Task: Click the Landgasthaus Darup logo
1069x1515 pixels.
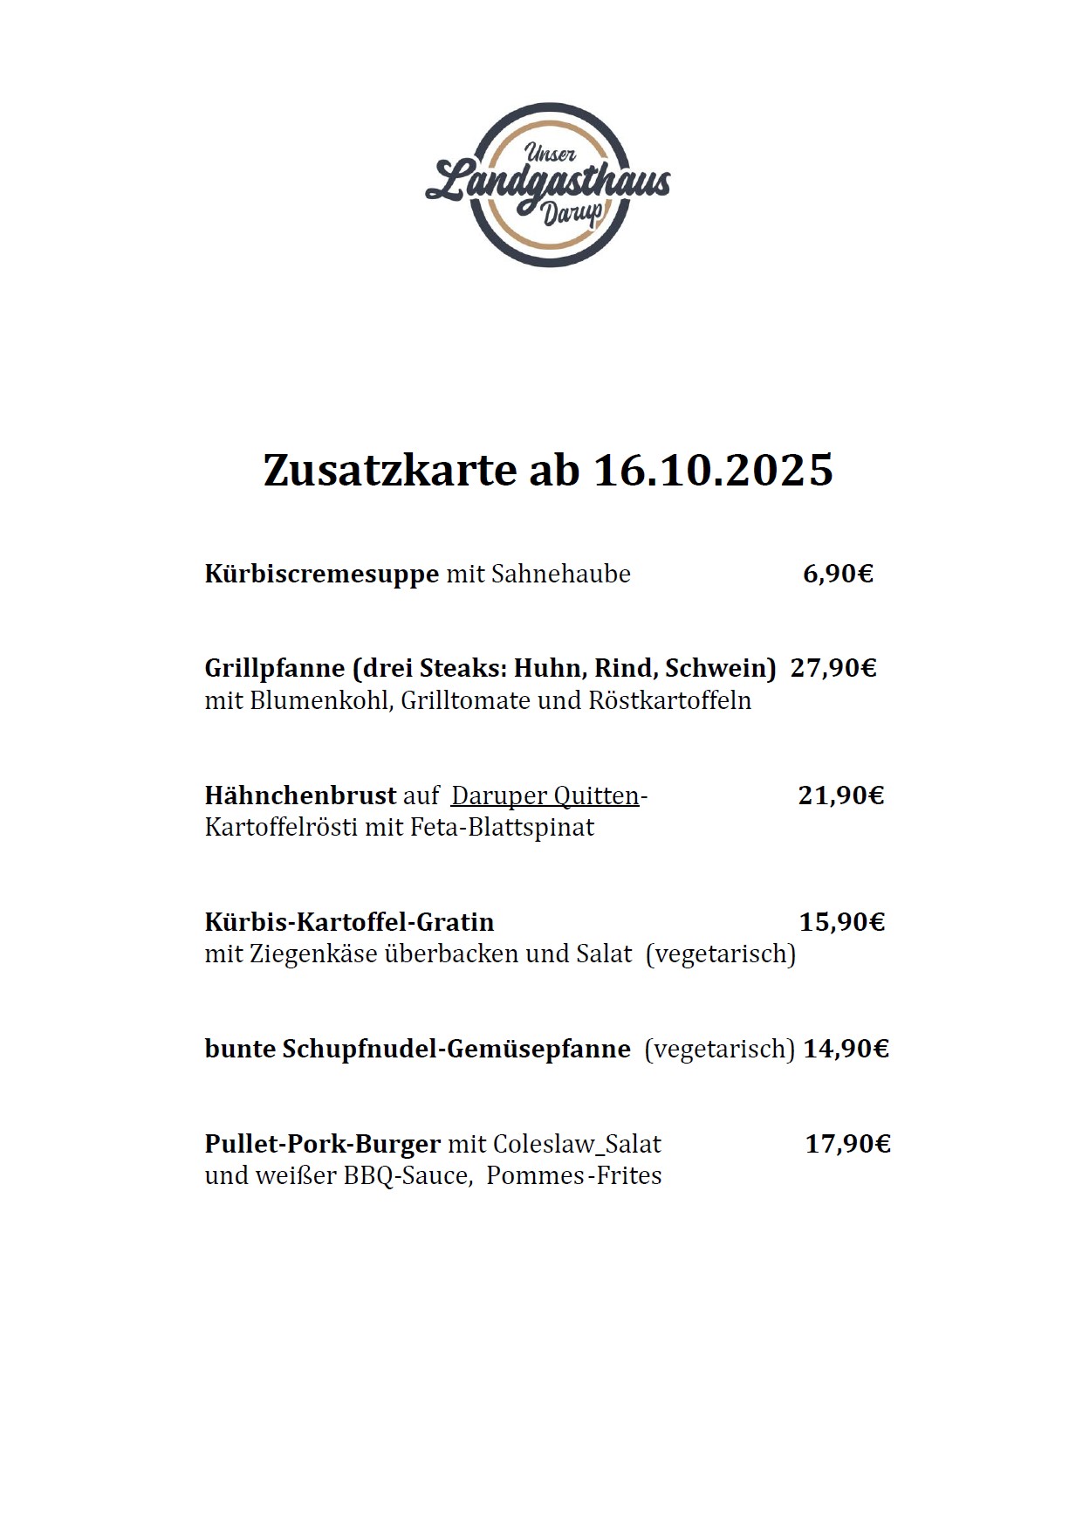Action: tap(548, 184)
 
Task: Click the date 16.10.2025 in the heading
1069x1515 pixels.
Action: tap(713, 470)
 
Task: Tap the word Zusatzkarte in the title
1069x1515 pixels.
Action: tap(390, 470)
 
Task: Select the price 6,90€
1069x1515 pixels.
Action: tap(838, 574)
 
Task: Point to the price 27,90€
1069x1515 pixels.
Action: tap(833, 668)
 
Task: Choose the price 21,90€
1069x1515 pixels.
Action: tap(840, 795)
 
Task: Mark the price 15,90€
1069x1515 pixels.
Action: tap(841, 921)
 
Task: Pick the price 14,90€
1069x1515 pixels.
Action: tap(846, 1048)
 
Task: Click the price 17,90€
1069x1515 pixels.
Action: tap(847, 1143)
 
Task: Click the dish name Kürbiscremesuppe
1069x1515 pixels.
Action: tap(321, 574)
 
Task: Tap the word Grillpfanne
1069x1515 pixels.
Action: tap(275, 668)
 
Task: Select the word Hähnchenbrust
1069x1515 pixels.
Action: tap(300, 795)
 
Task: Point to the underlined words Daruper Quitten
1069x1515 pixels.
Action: tap(545, 795)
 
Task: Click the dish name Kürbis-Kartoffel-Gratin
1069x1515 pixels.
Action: tap(349, 921)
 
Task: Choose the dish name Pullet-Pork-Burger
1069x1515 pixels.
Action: tap(322, 1143)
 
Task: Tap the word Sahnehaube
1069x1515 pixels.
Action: tap(560, 574)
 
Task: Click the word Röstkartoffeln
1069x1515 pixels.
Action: tap(669, 700)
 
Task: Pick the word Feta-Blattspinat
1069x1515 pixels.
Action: tap(501, 827)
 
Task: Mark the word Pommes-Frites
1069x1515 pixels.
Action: tap(573, 1175)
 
